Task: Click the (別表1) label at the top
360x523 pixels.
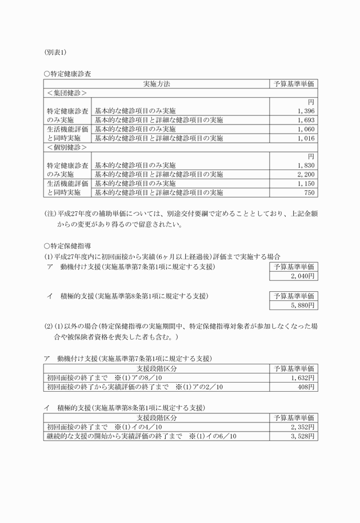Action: (x=55, y=52)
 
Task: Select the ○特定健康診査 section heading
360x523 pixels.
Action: (x=67, y=74)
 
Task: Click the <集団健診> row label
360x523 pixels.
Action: (x=67, y=92)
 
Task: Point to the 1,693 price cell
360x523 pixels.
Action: (x=306, y=120)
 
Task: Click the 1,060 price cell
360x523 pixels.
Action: (x=306, y=129)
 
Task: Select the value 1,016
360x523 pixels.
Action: (x=306, y=138)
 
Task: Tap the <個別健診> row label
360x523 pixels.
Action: (x=67, y=147)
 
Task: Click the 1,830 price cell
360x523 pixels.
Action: (x=306, y=165)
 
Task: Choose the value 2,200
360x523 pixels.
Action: (x=306, y=174)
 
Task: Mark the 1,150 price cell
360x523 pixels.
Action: (x=306, y=183)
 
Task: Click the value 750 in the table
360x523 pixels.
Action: (x=309, y=192)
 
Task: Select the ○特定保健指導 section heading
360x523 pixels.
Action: (x=67, y=245)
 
